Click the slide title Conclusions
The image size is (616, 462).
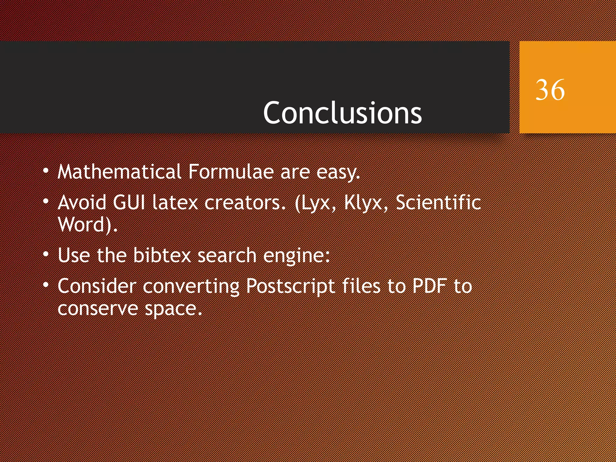point(342,113)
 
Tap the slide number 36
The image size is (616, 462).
point(550,90)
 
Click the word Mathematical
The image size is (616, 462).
point(119,172)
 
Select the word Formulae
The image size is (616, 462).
point(231,172)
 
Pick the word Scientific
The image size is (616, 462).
point(438,202)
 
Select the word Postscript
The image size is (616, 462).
point(291,286)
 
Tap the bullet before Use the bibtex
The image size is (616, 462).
point(46,254)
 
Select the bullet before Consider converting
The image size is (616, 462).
point(46,285)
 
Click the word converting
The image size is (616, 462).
point(191,286)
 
